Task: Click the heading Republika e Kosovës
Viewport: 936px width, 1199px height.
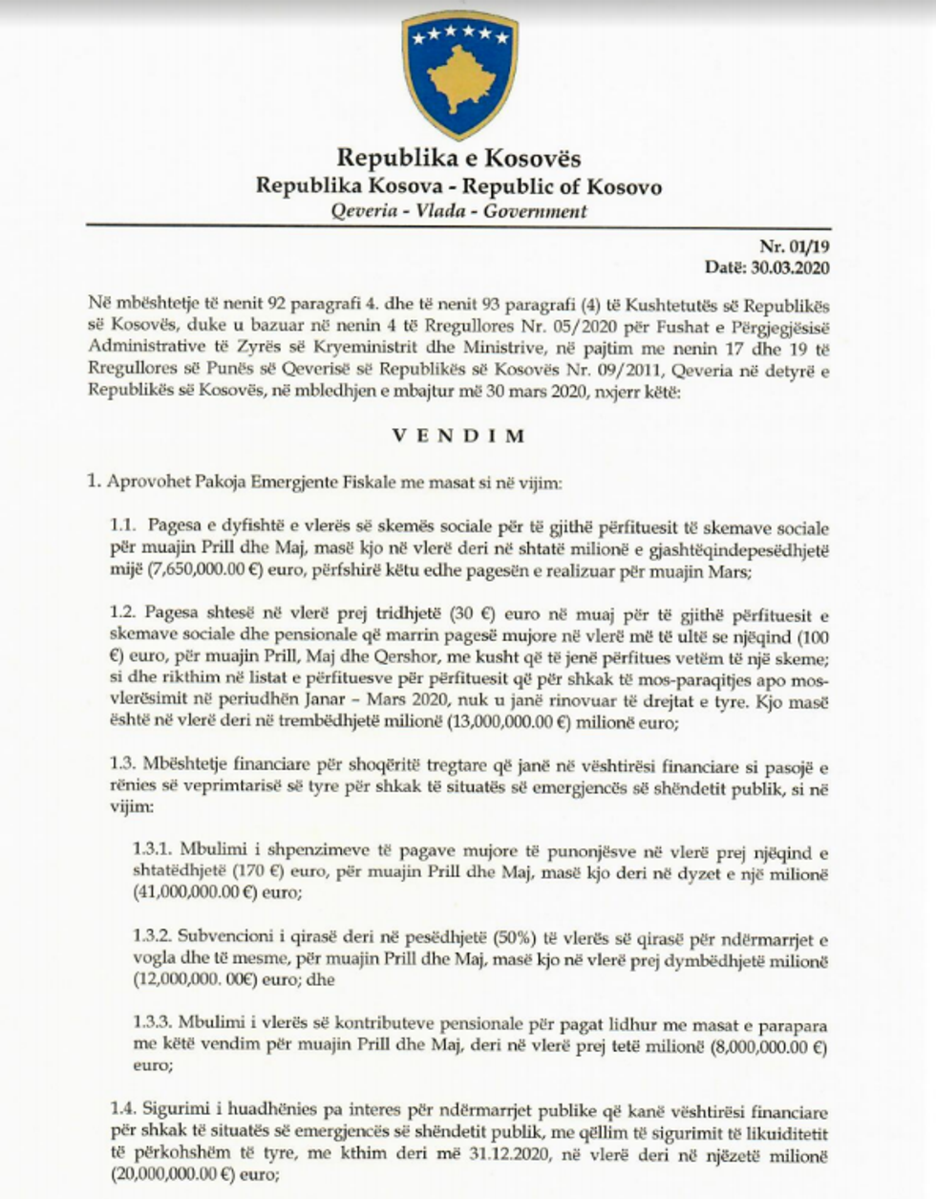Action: tap(458, 157)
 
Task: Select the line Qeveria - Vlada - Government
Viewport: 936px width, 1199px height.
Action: tap(458, 211)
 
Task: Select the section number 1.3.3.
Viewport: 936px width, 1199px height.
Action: tap(151, 1027)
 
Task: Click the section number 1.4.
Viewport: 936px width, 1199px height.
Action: tap(123, 1111)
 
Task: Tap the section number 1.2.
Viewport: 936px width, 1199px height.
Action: tap(123, 609)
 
